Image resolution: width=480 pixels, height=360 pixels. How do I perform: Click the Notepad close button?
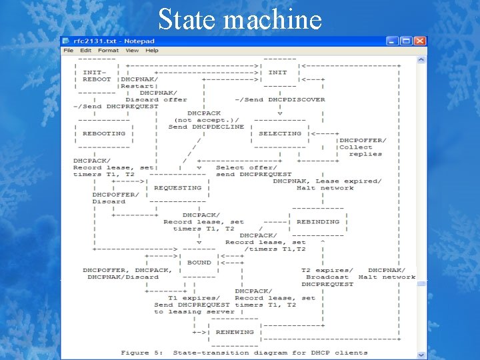pyautogui.click(x=419, y=41)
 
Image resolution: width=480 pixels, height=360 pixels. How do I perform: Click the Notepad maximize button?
pyautogui.click(x=407, y=41)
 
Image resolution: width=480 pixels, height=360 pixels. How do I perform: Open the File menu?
pyautogui.click(x=68, y=51)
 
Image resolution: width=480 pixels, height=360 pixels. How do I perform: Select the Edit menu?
pyautogui.click(x=86, y=51)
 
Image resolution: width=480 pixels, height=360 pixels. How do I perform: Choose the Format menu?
pyautogui.click(x=108, y=51)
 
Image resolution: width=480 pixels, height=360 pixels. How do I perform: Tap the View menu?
pyautogui.click(x=132, y=51)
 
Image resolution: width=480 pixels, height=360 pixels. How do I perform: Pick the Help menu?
pyautogui.click(x=152, y=51)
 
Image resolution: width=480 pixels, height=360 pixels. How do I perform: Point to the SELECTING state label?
pyautogui.click(x=280, y=133)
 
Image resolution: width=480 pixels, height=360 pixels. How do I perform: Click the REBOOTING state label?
pyautogui.click(x=104, y=133)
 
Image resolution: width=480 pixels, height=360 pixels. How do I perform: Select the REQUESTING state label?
pyautogui.click(x=177, y=188)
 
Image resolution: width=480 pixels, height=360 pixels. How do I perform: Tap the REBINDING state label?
pyautogui.click(x=317, y=222)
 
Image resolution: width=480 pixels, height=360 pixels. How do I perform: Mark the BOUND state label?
pyautogui.click(x=199, y=263)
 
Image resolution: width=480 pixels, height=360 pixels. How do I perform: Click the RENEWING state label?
pyautogui.click(x=234, y=331)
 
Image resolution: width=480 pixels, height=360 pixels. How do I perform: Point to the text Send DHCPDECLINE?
pyautogui.click(x=206, y=127)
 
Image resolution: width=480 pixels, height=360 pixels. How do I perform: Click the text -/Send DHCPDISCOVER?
pyautogui.click(x=280, y=99)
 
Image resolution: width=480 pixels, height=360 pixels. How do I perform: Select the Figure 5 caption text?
pyautogui.click(x=244, y=352)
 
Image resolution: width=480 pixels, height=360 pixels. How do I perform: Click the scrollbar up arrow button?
pyautogui.click(x=421, y=59)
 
